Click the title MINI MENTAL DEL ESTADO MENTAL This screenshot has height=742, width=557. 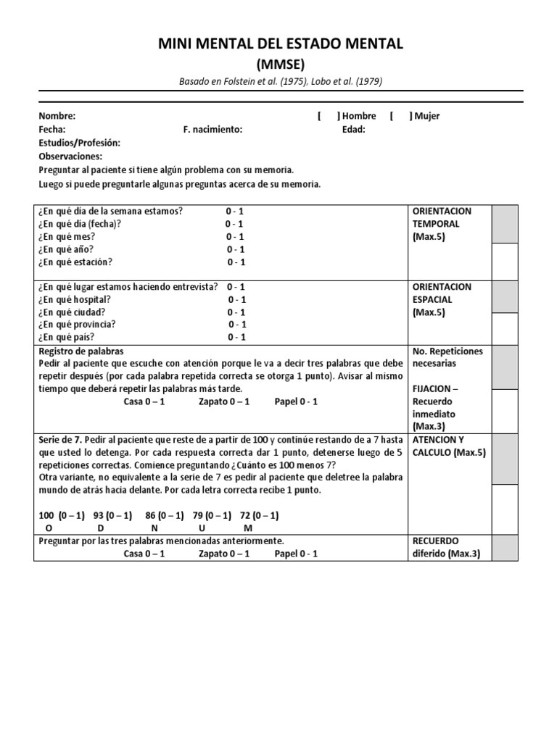pyautogui.click(x=281, y=44)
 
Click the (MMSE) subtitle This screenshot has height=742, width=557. pyautogui.click(x=281, y=64)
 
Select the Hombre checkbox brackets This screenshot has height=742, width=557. pyautogui.click(x=329, y=116)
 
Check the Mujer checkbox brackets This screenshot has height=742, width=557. pyautogui.click(x=401, y=116)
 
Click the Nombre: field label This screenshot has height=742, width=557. pyautogui.click(x=57, y=116)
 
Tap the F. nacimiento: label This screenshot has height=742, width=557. pyautogui.click(x=213, y=130)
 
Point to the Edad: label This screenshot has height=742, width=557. pyautogui.click(x=354, y=130)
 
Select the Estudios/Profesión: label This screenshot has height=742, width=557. pyautogui.click(x=79, y=143)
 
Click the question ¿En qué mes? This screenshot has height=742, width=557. pyautogui.click(x=66, y=236)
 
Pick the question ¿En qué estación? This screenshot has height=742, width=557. pyautogui.click(x=75, y=262)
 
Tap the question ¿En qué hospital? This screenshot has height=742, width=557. pyautogui.click(x=74, y=299)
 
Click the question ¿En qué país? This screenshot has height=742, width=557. pyautogui.click(x=66, y=337)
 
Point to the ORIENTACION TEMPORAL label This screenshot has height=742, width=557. pyautogui.click(x=442, y=217)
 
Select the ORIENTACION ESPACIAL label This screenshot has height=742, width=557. pyautogui.click(x=442, y=293)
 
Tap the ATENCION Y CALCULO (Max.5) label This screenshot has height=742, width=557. pyautogui.click(x=449, y=446)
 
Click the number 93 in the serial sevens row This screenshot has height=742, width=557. pyautogui.click(x=100, y=515)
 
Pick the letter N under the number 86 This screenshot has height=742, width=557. pyautogui.click(x=154, y=528)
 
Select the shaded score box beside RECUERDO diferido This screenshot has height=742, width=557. pyautogui.click(x=505, y=548)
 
